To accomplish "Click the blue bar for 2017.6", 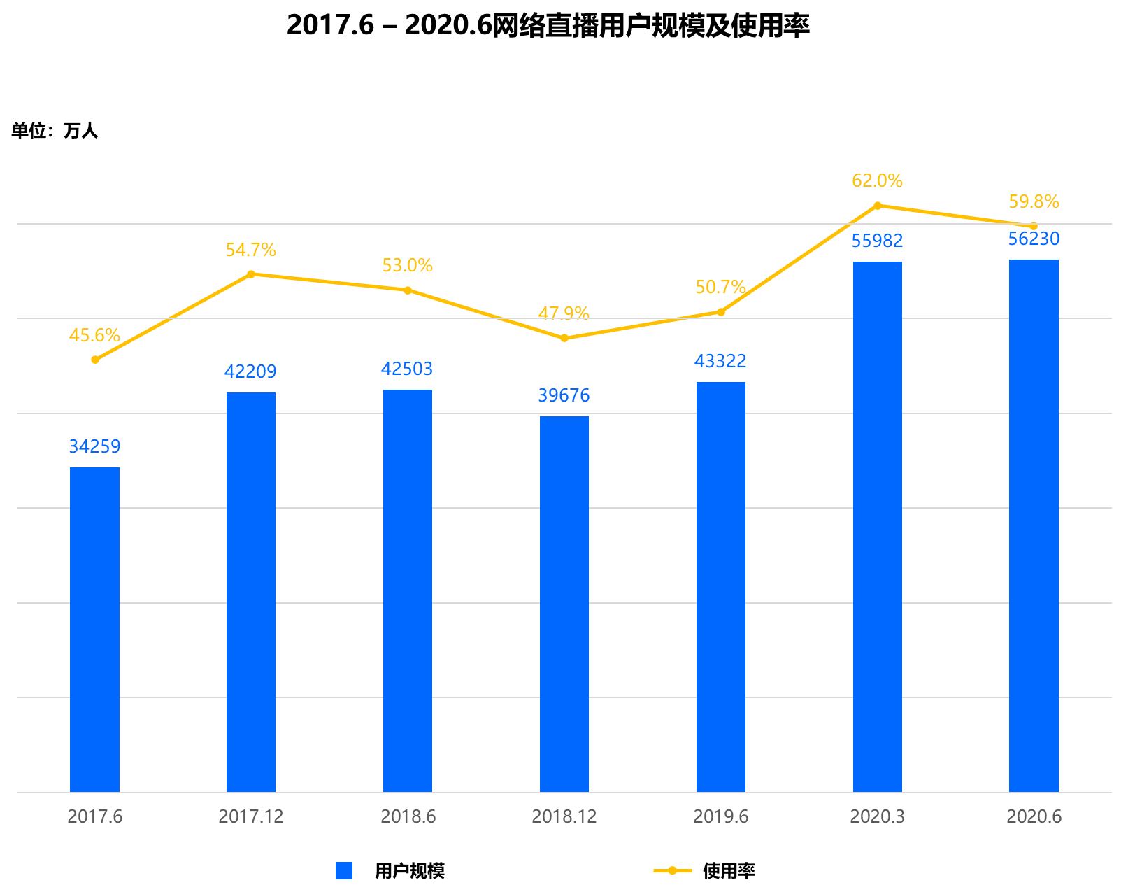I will click(94, 630).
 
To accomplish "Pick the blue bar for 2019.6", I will click(720, 587).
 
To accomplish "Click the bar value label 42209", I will click(250, 371).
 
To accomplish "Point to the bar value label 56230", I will click(1034, 239).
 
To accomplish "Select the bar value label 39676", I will click(564, 396).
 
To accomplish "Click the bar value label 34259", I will click(94, 446).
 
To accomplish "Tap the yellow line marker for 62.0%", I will click(878, 206).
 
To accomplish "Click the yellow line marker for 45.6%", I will click(95, 360).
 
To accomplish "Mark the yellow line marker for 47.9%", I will click(564, 338).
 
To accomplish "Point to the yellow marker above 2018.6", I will click(408, 290).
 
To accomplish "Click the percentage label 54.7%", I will click(250, 250).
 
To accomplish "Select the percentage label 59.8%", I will click(1034, 202).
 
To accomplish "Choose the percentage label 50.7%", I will click(720, 288).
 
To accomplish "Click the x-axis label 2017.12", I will click(250, 816).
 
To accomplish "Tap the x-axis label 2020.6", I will click(1034, 816).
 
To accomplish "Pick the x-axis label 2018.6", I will click(408, 816).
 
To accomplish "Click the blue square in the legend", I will click(344, 870).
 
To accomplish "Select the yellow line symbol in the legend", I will click(672, 870).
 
